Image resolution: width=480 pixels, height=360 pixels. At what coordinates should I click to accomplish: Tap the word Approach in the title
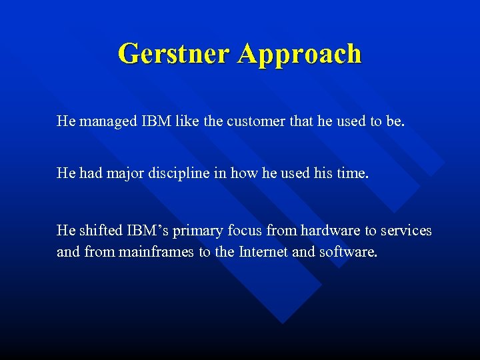coord(299,54)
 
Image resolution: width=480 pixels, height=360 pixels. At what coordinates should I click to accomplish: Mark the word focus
coord(245,231)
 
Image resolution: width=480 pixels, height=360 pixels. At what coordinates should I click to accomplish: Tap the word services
coord(406,231)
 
